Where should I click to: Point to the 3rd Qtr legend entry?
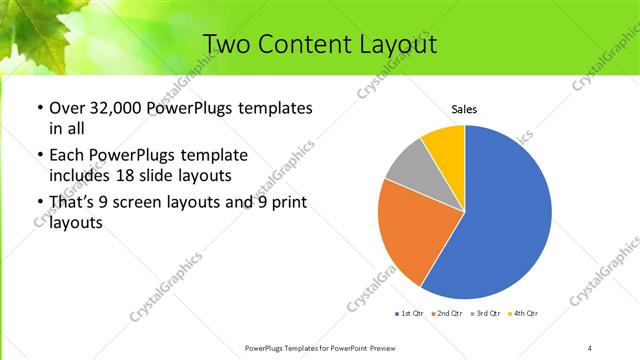(485, 314)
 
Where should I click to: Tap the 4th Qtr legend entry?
(524, 314)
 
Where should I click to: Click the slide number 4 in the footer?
(590, 347)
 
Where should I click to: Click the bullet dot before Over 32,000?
(39, 109)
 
